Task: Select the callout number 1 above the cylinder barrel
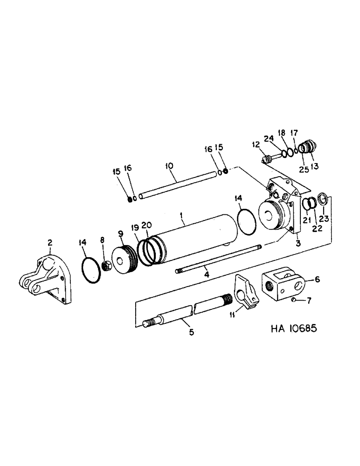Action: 182,216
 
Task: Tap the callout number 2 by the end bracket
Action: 50,242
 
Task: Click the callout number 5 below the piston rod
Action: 191,333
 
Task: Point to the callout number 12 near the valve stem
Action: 256,145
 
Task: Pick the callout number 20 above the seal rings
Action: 146,225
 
